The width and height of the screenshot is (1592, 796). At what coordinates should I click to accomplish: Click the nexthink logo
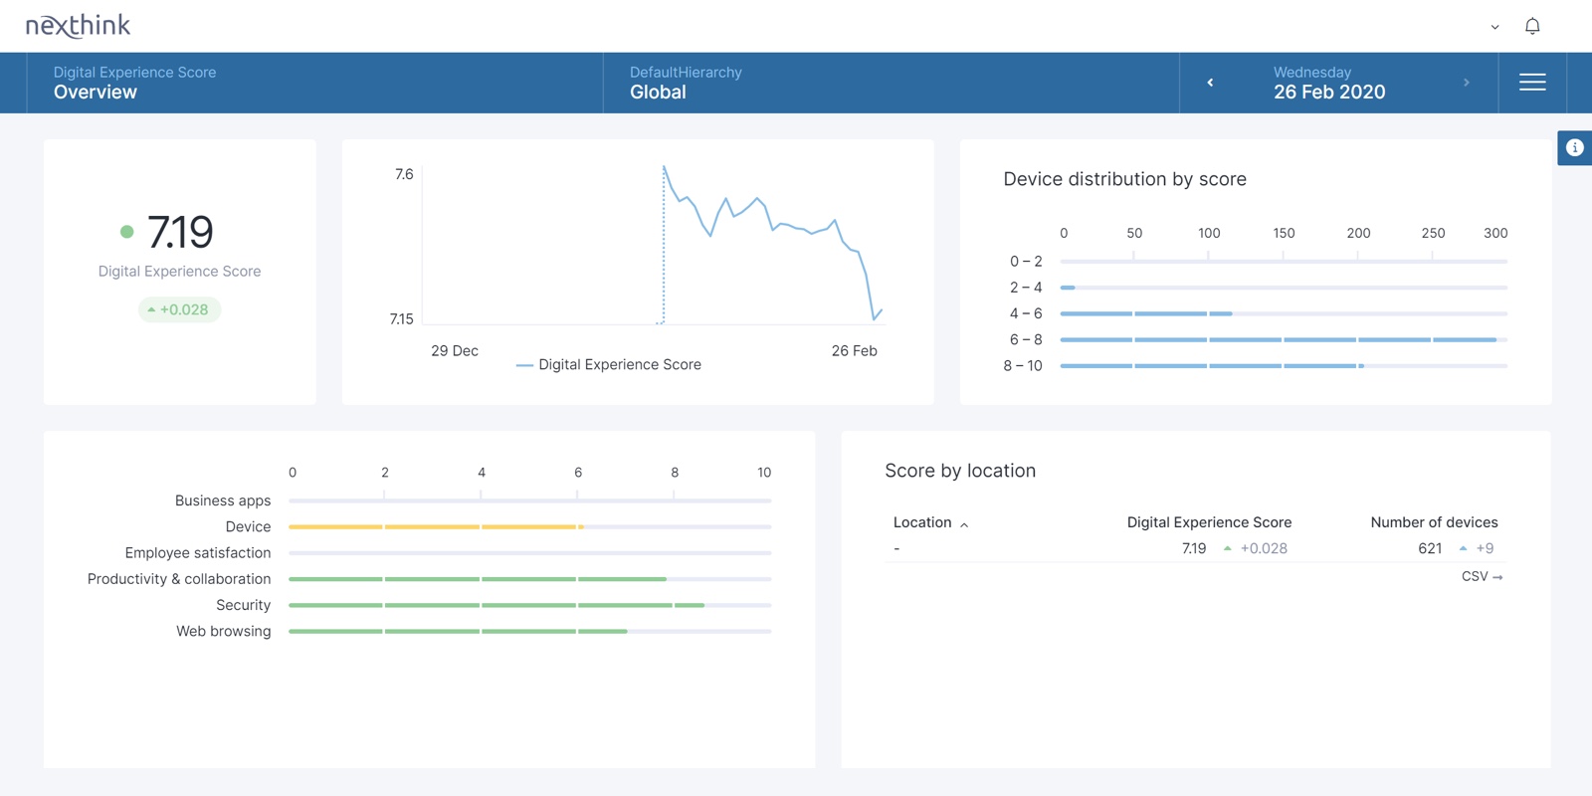(x=79, y=26)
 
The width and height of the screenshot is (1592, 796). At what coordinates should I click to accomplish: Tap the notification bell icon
(x=1532, y=26)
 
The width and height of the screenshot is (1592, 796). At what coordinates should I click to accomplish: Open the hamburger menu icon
(x=1532, y=83)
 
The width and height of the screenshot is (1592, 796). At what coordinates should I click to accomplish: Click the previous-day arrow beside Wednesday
(x=1210, y=83)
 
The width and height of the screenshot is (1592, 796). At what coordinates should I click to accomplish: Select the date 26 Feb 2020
(x=1329, y=93)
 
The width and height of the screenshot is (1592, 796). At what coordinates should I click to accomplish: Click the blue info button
(x=1575, y=148)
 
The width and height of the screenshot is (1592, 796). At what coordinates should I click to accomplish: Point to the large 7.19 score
(x=180, y=232)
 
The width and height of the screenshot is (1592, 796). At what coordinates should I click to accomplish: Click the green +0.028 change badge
(x=179, y=309)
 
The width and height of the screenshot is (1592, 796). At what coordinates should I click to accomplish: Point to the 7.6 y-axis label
(x=404, y=174)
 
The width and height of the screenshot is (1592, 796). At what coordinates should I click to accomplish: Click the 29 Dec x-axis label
(x=454, y=351)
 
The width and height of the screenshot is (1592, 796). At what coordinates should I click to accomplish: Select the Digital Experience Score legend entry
(x=609, y=364)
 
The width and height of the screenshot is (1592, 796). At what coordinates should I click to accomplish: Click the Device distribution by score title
(x=1124, y=179)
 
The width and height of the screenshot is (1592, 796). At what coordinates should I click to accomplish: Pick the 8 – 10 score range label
(x=1023, y=366)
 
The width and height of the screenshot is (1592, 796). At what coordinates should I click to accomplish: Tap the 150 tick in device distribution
(x=1284, y=233)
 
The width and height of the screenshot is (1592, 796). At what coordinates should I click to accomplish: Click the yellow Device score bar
(x=437, y=526)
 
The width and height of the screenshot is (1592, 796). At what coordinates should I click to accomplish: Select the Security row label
(x=243, y=605)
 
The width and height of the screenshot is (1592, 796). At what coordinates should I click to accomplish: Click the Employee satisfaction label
(x=198, y=553)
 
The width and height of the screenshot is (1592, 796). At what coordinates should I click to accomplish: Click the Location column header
(x=922, y=522)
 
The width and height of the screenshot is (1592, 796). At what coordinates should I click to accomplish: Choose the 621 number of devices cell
(x=1429, y=548)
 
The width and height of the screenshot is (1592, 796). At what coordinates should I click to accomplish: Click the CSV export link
(x=1482, y=576)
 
